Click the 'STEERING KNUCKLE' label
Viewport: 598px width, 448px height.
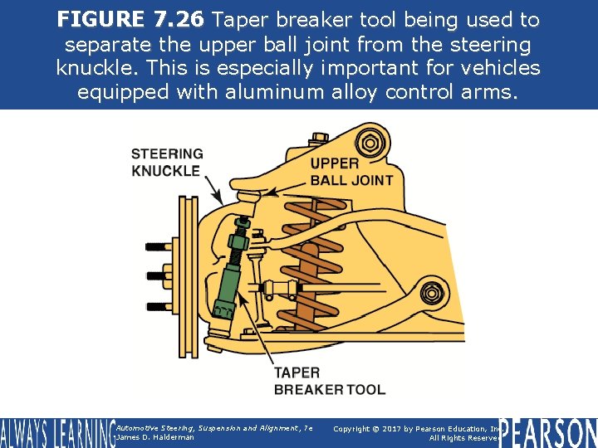166,162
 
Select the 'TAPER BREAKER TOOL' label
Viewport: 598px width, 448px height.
329,381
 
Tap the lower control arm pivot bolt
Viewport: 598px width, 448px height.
429,294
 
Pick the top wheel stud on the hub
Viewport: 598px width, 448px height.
158,246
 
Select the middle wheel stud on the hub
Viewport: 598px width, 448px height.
158,275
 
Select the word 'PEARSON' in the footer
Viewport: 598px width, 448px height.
547,431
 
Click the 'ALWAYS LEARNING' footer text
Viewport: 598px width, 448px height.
56,433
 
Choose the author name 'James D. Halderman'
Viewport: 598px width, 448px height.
155,437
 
